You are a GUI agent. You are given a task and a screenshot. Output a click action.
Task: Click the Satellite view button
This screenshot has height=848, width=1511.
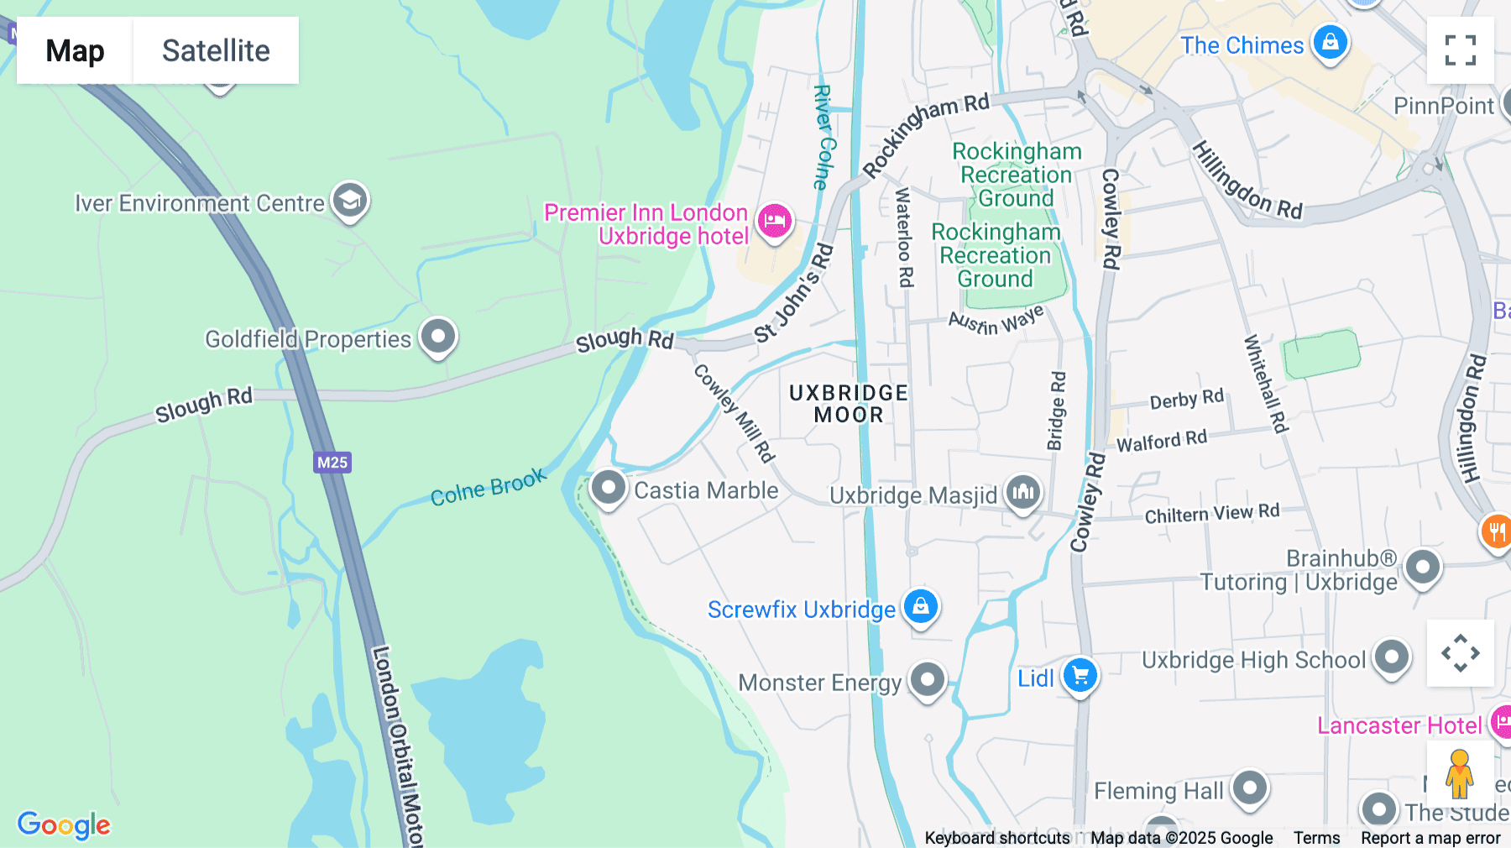[x=216, y=50]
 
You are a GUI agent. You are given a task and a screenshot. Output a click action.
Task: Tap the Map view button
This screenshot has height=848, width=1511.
[x=75, y=50]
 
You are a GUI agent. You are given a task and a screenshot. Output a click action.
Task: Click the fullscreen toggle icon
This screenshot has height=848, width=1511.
[x=1460, y=50]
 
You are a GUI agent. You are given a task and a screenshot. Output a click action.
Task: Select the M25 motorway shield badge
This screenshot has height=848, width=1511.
[x=332, y=462]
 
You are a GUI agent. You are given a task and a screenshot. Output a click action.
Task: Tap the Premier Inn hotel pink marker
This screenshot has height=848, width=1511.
[x=774, y=222]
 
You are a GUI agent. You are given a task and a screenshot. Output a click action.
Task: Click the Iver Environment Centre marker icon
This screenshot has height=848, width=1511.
[x=349, y=201]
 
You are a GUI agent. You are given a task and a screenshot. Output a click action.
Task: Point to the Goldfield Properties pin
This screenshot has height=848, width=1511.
[x=437, y=337]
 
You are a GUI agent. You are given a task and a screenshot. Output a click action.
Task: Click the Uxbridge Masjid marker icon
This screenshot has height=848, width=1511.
[x=1022, y=493]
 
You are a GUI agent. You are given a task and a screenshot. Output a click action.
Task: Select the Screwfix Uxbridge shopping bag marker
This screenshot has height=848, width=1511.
[x=920, y=606]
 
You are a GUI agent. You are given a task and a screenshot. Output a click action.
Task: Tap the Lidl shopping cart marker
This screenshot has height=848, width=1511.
[x=1080, y=675]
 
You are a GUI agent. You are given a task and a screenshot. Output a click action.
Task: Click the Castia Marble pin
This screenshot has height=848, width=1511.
[x=608, y=488]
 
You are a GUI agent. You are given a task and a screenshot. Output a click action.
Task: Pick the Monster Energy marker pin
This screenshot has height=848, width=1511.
[x=927, y=679]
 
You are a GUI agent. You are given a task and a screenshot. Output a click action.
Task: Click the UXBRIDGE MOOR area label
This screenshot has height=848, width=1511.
[x=848, y=404]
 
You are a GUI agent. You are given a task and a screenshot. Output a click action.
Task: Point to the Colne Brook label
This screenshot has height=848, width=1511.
[x=488, y=488]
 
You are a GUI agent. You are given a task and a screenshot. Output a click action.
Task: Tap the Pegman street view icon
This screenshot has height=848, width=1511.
[x=1459, y=773]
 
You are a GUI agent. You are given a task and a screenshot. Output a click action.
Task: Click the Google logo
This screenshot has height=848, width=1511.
[x=64, y=825]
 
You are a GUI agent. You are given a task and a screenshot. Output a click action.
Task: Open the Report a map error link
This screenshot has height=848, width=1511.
[x=1430, y=838]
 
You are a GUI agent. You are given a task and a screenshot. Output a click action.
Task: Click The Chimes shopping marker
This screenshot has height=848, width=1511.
[x=1330, y=42]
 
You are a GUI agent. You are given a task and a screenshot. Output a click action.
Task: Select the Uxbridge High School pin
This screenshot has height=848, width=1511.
[x=1391, y=657]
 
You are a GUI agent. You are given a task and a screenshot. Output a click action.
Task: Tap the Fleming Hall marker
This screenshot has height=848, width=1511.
[x=1249, y=788]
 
